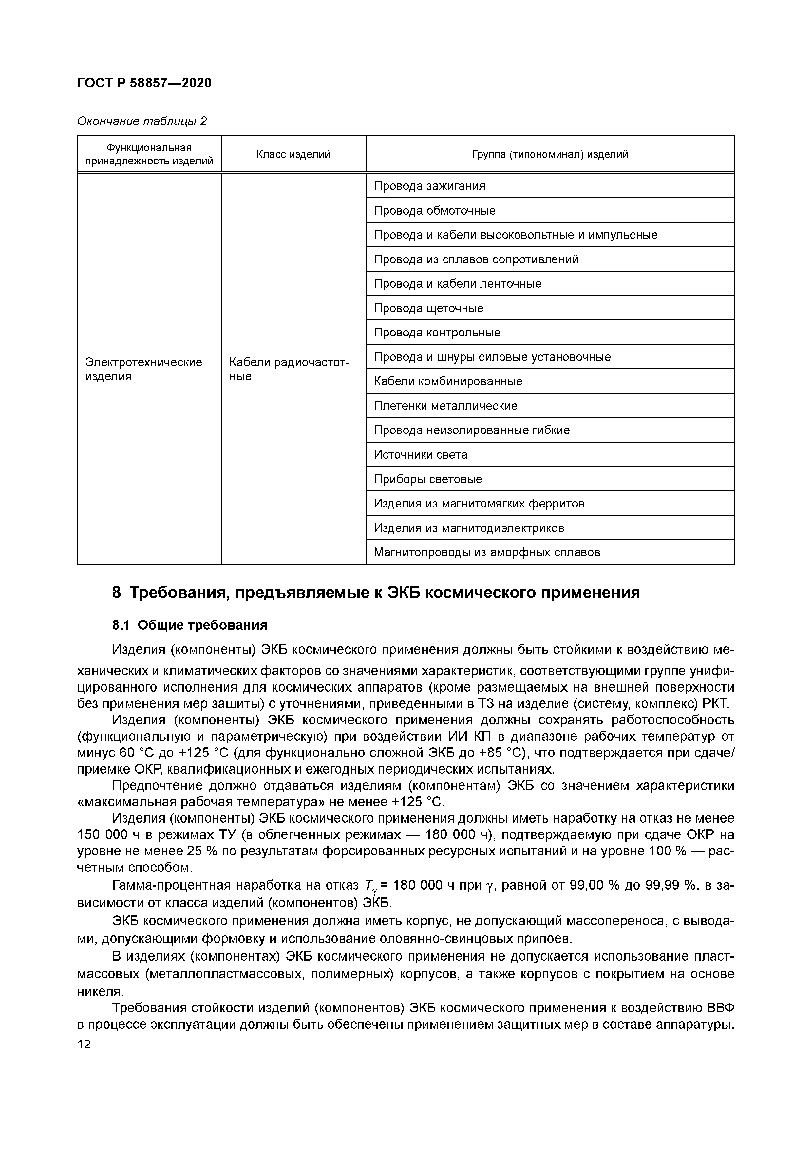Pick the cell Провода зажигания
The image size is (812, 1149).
point(429,186)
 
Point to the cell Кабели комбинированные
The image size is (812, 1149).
point(448,381)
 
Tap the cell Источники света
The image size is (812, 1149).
point(420,455)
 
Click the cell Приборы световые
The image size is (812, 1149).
point(428,479)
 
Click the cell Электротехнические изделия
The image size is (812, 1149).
point(143,369)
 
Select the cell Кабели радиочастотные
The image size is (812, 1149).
point(289,369)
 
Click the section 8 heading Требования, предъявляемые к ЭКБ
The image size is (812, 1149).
point(376,592)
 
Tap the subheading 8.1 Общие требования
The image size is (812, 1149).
point(190,625)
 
